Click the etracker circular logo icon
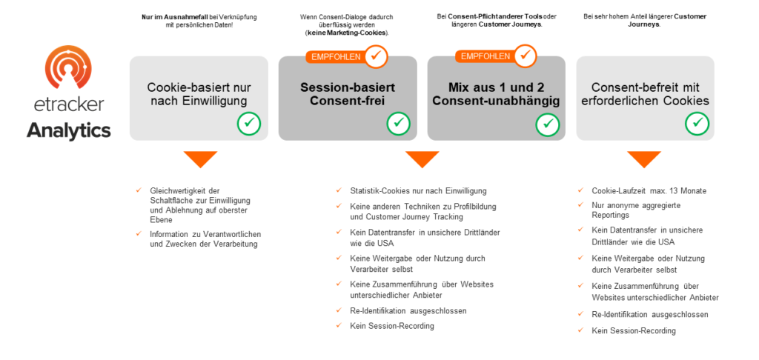[68, 67]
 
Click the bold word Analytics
[68, 130]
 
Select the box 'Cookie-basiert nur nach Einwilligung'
[199, 99]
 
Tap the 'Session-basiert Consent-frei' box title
[348, 94]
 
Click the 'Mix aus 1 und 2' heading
[496, 87]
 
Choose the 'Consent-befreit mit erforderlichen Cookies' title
[645, 94]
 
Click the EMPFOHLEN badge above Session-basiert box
[336, 56]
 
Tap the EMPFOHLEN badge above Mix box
[485, 56]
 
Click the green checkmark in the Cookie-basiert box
[249, 124]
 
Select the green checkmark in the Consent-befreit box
[697, 124]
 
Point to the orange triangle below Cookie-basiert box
[200, 159]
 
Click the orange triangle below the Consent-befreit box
[644, 159]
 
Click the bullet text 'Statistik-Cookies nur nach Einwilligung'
[418, 191]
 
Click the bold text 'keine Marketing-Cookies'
[347, 33]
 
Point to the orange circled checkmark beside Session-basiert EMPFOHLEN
[376, 56]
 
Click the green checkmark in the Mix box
[548, 124]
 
